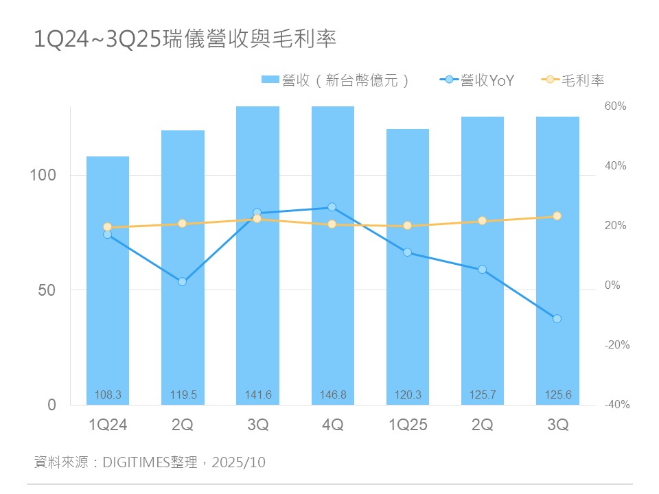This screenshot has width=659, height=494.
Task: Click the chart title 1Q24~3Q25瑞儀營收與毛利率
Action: click(185, 39)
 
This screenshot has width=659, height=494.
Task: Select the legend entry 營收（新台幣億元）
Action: click(336, 80)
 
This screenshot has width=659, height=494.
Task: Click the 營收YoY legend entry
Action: click(478, 80)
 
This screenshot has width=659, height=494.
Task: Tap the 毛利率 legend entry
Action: click(574, 80)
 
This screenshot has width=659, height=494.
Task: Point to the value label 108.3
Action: click(108, 395)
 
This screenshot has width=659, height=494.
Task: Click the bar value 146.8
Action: click(333, 395)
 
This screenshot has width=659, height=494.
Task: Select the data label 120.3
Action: click(408, 395)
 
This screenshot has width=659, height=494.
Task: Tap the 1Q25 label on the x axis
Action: click(408, 425)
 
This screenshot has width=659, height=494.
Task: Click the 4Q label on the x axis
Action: click(333, 425)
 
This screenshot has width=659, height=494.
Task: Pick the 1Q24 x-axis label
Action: click(108, 425)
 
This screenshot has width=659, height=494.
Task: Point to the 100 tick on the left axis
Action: click(43, 175)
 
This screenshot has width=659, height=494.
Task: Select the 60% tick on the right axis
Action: click(616, 106)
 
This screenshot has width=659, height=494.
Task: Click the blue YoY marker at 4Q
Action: click(332, 207)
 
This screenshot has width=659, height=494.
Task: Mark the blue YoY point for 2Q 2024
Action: click(183, 282)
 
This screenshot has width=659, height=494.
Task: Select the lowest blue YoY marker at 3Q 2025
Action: click(557, 318)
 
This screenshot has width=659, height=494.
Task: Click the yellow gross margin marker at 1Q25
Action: click(407, 226)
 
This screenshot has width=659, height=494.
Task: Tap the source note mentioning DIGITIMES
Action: click(150, 462)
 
